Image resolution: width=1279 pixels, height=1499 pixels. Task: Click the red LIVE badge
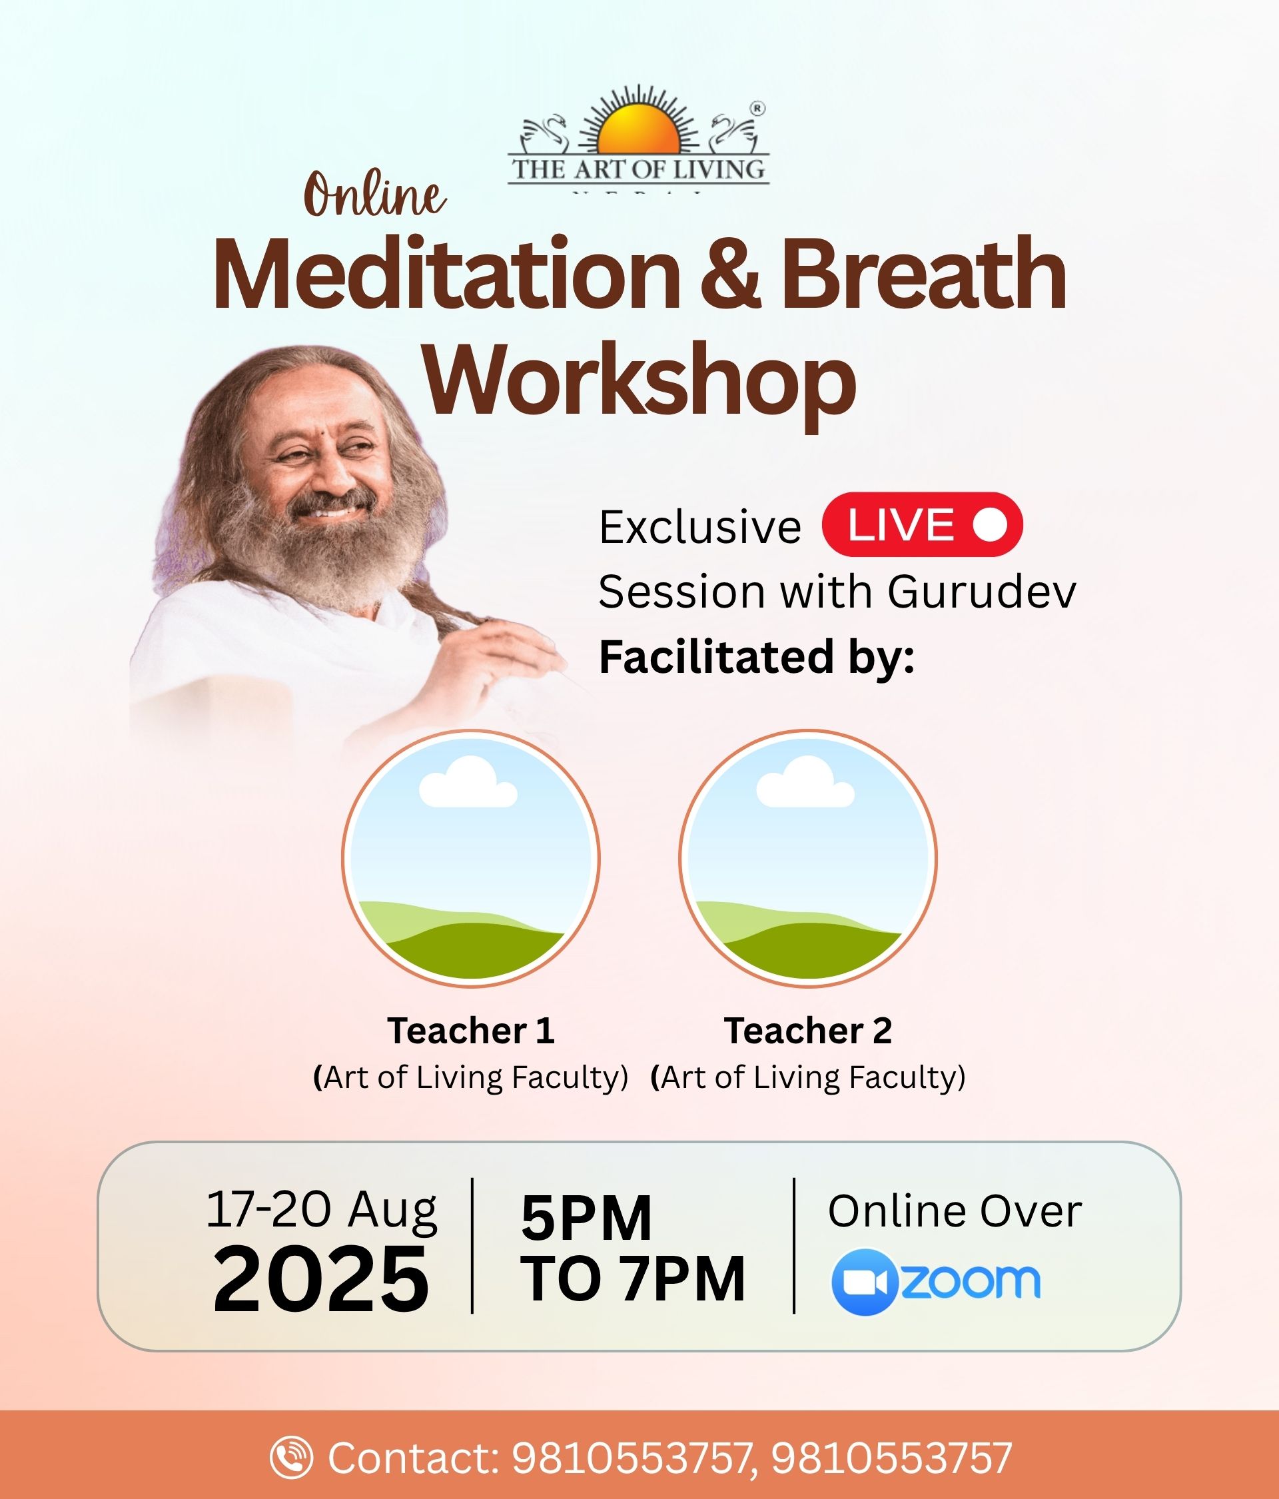923,524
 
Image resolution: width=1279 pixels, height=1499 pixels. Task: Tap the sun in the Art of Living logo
639,129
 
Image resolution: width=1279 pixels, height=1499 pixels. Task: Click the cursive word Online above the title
375,194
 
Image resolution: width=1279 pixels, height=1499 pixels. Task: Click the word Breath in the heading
924,275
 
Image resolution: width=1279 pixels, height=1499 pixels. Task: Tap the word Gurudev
982,592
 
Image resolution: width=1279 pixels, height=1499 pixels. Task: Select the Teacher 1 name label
471,1030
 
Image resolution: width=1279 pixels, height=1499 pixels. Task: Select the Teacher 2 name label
808,1030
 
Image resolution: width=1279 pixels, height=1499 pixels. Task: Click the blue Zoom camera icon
865,1281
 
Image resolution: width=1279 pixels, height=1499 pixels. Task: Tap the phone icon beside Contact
292,1457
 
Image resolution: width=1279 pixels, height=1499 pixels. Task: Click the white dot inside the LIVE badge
990,524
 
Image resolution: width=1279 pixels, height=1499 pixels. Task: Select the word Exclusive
700,527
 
